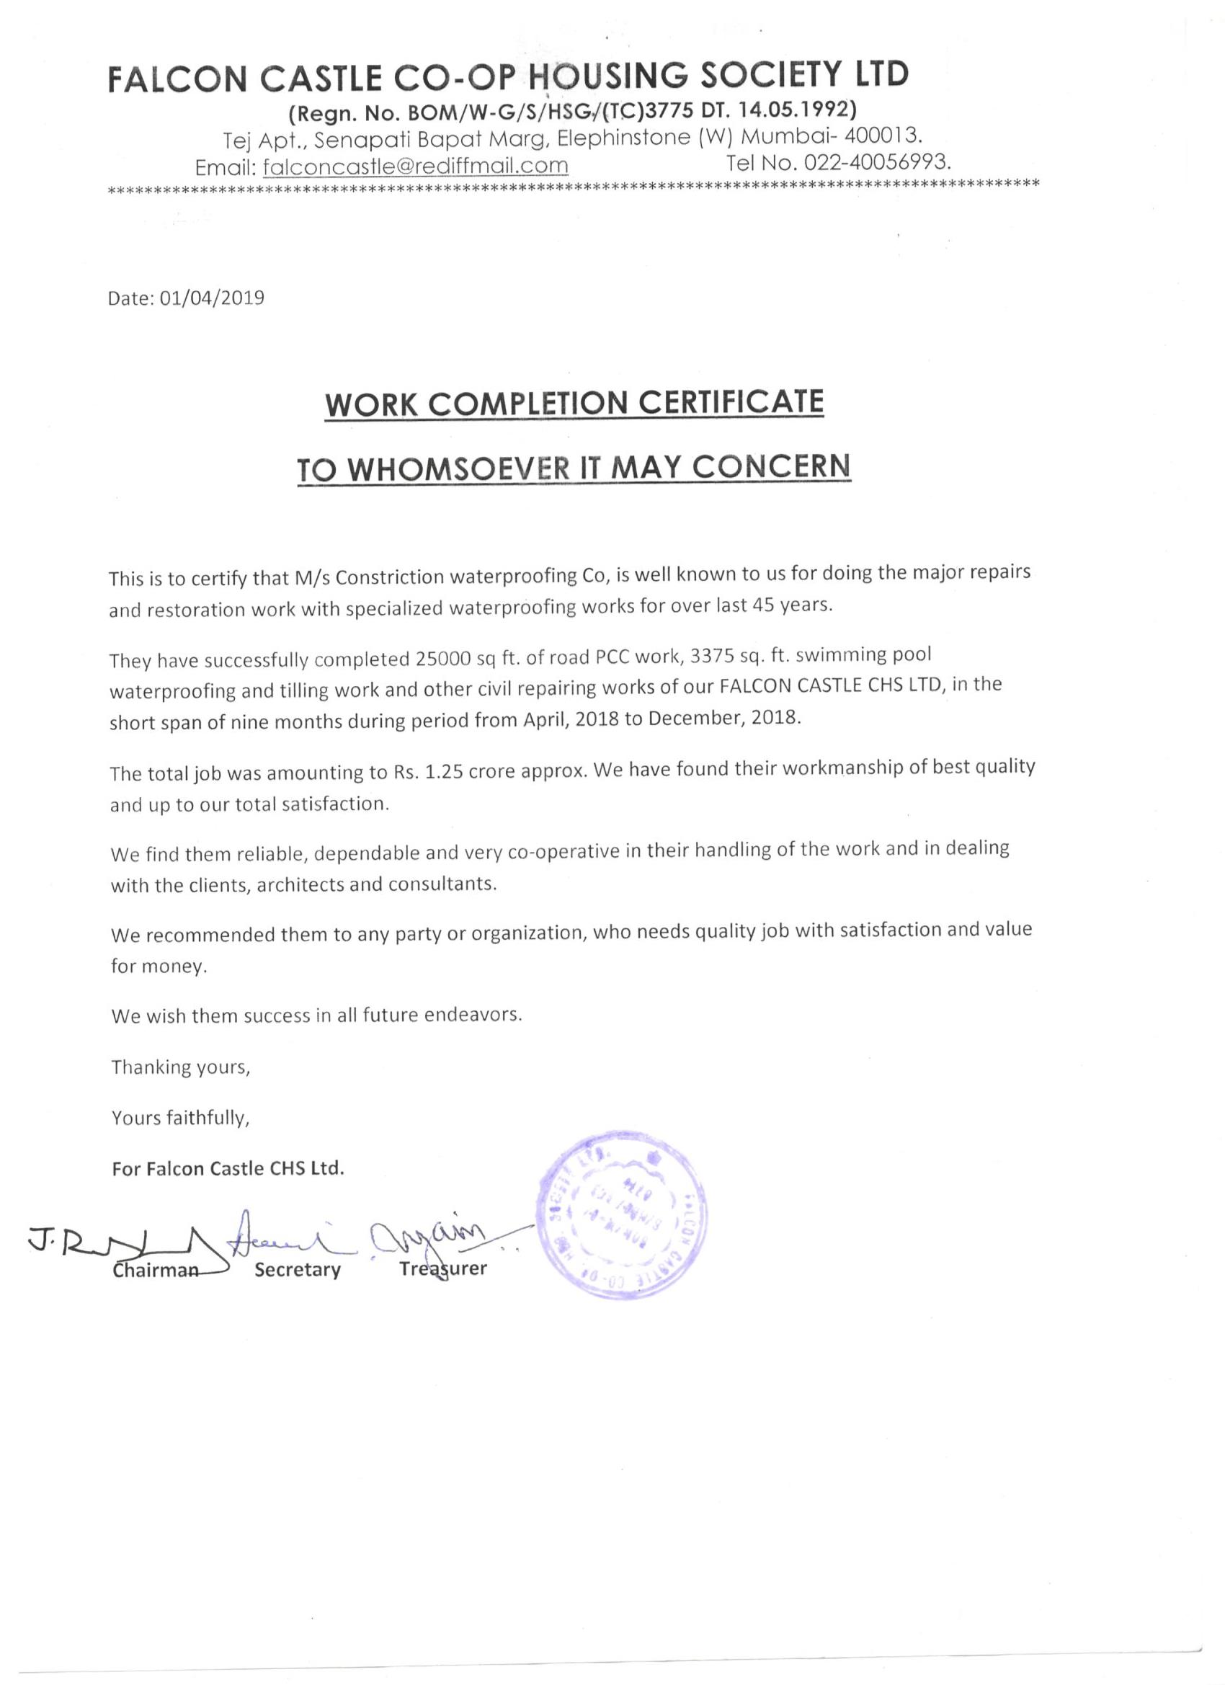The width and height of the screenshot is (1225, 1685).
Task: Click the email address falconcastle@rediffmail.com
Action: (x=416, y=165)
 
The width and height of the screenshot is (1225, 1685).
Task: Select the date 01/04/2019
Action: (x=212, y=298)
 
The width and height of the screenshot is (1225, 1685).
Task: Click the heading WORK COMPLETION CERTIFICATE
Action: (x=574, y=402)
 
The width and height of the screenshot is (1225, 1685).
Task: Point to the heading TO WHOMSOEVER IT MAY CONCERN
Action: (x=574, y=467)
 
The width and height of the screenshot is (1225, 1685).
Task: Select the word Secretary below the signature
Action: (x=297, y=1270)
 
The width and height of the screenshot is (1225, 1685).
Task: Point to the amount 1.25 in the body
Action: (x=443, y=772)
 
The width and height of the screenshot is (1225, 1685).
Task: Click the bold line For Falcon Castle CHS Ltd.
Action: (x=228, y=1169)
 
